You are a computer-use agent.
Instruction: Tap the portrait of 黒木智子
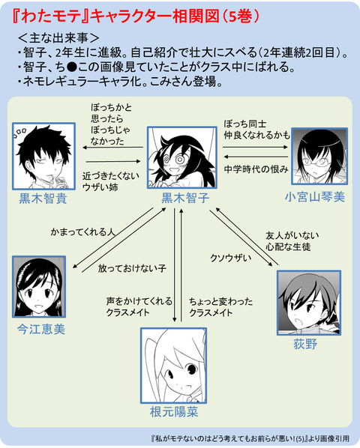(184, 157)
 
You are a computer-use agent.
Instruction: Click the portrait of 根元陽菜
(175, 367)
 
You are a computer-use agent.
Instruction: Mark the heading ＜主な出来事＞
(57, 38)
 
